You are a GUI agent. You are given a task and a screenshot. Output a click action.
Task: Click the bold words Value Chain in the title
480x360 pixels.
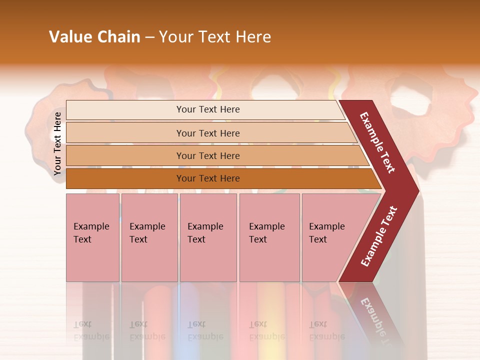(x=94, y=37)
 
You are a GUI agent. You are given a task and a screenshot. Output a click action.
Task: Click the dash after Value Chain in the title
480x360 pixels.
(x=149, y=37)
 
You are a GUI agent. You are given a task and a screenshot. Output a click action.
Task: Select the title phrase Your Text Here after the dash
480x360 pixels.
(x=215, y=37)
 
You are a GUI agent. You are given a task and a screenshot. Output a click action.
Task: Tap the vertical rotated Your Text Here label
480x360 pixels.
(x=57, y=143)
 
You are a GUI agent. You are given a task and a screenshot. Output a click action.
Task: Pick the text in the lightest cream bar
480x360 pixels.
(x=208, y=109)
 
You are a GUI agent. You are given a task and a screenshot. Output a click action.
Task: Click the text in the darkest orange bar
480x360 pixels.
(x=208, y=178)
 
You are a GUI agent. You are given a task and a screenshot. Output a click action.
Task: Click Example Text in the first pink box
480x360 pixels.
(x=91, y=233)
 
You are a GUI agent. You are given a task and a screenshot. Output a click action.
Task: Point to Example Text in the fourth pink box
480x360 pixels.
(x=266, y=233)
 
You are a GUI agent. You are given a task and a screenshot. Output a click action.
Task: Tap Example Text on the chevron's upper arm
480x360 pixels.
(x=377, y=142)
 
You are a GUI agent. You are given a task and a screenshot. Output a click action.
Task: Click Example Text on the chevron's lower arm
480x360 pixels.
(x=378, y=236)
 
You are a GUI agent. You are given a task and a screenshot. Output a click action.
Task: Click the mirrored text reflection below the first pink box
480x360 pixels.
(x=91, y=330)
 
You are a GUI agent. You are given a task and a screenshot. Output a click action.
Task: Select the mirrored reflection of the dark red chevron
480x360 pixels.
(x=377, y=315)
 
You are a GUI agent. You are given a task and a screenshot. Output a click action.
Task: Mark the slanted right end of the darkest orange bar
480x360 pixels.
(x=376, y=179)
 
